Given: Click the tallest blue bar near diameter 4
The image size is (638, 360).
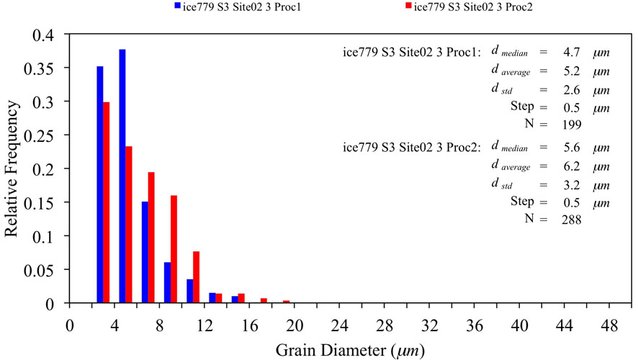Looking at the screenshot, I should [122, 176].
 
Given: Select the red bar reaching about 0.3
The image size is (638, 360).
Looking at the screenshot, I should [107, 202].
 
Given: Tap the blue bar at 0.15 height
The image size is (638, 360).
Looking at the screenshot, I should [145, 252].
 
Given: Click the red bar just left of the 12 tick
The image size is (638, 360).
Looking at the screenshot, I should [196, 277].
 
